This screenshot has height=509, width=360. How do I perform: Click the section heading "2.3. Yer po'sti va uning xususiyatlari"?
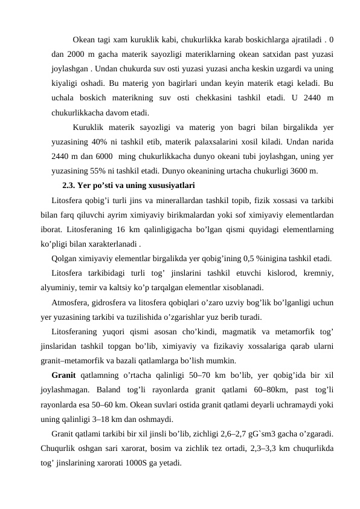128,186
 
